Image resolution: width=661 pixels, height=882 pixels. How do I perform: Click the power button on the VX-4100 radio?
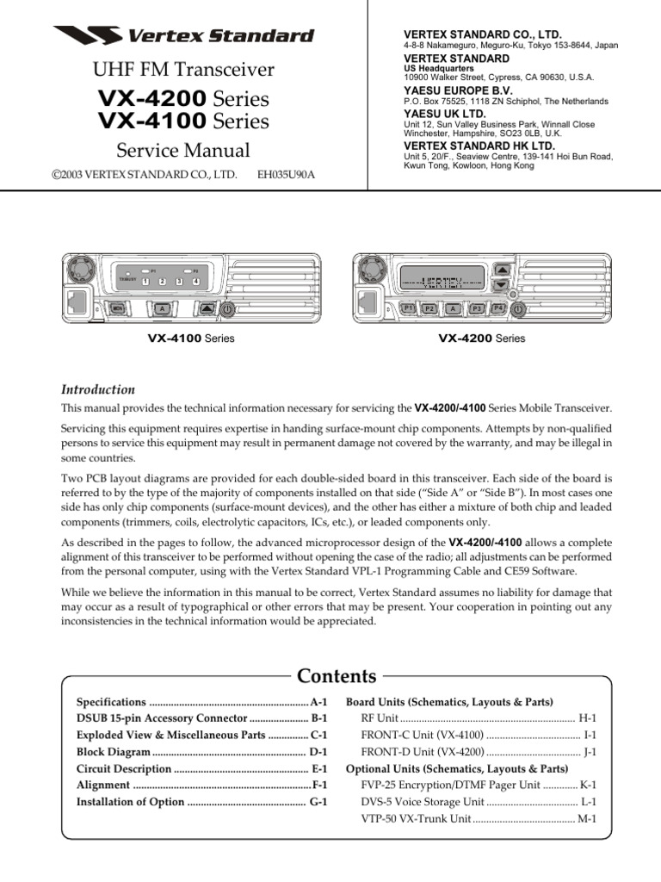pyautogui.click(x=225, y=307)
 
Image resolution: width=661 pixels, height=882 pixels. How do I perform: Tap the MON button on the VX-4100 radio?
pyautogui.click(x=116, y=307)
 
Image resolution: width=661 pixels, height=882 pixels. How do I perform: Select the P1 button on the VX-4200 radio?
pyautogui.click(x=410, y=307)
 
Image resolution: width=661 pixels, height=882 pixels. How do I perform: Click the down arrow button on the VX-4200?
pyautogui.click(x=501, y=285)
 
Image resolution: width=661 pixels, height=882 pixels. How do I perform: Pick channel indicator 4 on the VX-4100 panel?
pyautogui.click(x=196, y=282)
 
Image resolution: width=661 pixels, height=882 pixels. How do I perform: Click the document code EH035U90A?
pyautogui.click(x=287, y=174)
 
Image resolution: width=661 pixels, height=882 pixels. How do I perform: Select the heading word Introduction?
pyautogui.click(x=97, y=389)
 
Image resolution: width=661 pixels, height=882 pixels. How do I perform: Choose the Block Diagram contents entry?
pyautogui.click(x=113, y=752)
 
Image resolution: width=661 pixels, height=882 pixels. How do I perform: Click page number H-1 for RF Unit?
pyautogui.click(x=588, y=717)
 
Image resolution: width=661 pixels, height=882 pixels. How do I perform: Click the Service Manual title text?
pyautogui.click(x=183, y=150)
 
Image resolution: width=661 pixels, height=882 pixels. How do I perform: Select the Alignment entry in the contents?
pyautogui.click(x=103, y=786)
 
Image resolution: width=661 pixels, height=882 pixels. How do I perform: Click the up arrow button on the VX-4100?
pyautogui.click(x=205, y=307)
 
